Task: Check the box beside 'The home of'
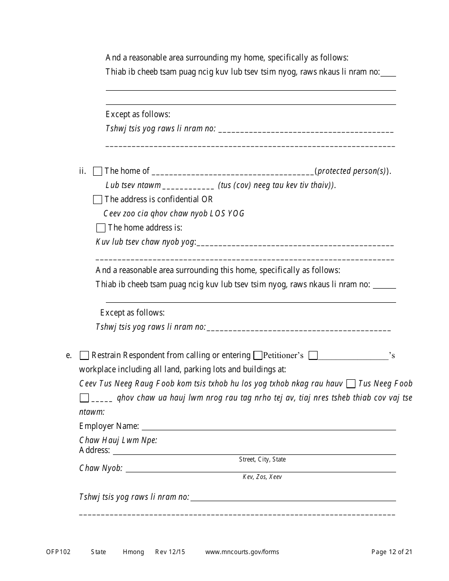tap(98, 171)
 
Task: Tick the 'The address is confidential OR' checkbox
tap(98, 199)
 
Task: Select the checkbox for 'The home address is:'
tap(101, 228)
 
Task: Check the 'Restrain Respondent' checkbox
tap(84, 355)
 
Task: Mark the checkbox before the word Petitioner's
tap(258, 355)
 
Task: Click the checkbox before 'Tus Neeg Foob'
tap(351, 384)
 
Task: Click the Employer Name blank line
tap(268, 427)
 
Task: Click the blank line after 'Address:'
tap(254, 451)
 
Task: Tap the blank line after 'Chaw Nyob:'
tap(260, 469)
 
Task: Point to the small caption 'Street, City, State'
tap(262, 460)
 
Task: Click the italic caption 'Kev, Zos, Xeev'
tap(262, 477)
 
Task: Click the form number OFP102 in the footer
tap(58, 552)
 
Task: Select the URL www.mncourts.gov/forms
tap(242, 552)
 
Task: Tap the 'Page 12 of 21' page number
tap(392, 552)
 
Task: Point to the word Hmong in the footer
tap(133, 552)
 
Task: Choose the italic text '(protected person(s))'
tap(352, 171)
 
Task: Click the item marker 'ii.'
tap(83, 171)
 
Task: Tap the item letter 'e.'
tap(69, 355)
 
